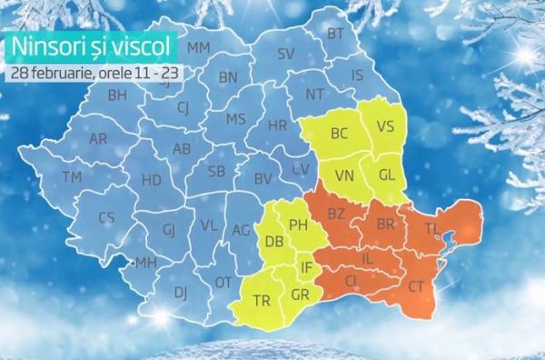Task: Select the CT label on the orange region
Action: tap(417, 286)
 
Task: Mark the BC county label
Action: tap(339, 134)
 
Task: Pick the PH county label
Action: tap(298, 224)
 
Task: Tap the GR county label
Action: tap(300, 295)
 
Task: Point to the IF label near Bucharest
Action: tap(307, 267)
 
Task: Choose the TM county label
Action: tap(71, 175)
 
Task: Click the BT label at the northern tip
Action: tap(336, 35)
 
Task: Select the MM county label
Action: tap(198, 47)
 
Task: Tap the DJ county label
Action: tap(181, 292)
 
